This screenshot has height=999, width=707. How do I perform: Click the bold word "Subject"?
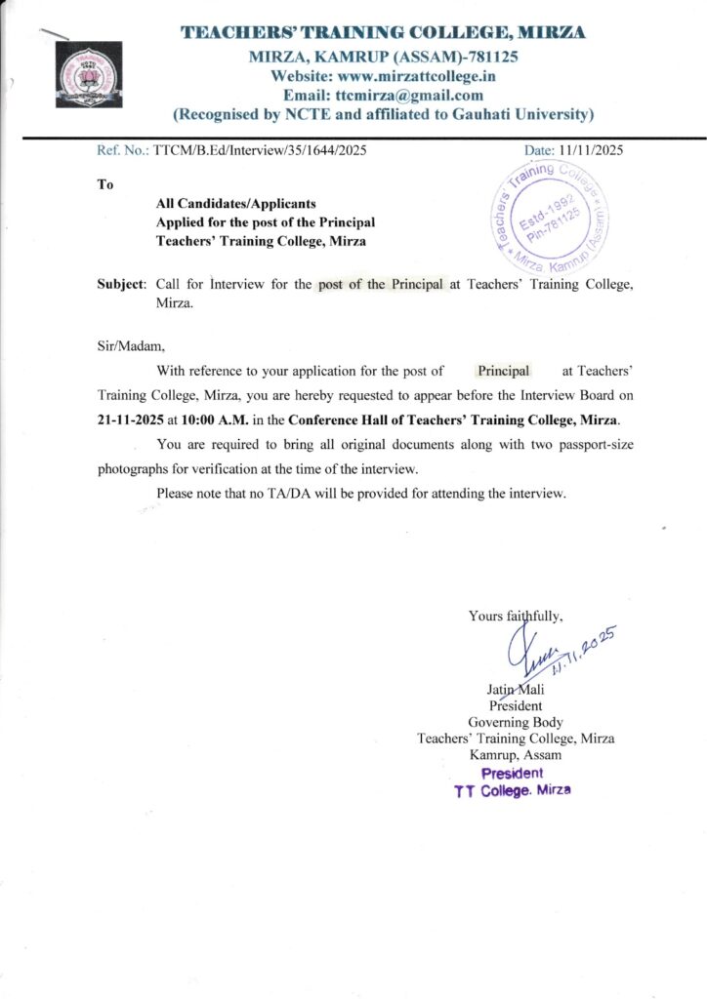point(120,285)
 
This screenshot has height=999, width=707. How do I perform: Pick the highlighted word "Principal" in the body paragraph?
point(503,371)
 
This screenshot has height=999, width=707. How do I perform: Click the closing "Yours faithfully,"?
point(515,616)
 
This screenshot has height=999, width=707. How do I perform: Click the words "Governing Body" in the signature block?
point(516,722)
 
